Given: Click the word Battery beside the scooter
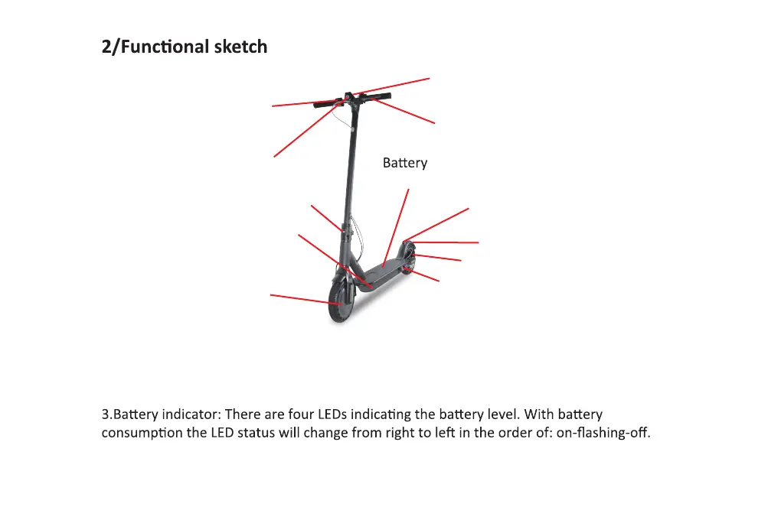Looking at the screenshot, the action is click(404, 163).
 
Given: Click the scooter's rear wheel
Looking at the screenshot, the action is click(409, 258).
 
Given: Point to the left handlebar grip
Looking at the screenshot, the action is click(325, 104).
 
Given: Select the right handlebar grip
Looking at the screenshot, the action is click(378, 96).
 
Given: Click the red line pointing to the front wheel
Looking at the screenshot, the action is click(302, 298).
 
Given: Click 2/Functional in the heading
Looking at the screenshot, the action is click(145, 47).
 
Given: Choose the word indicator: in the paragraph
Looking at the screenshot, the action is click(191, 415).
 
